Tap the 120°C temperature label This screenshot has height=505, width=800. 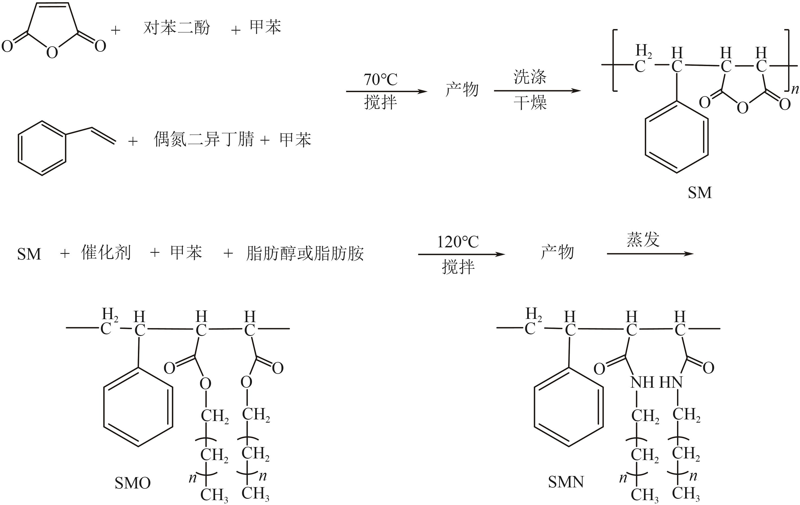pos(458,242)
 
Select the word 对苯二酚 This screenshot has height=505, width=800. pos(177,28)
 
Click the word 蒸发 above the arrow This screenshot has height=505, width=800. pos(643,239)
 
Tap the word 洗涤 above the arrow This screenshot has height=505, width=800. pos(530,77)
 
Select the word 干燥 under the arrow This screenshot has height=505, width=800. pos(530,103)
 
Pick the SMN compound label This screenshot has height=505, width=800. pos(566,482)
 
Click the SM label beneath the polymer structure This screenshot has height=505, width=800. pos(700,193)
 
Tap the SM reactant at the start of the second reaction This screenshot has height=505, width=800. pos(29,254)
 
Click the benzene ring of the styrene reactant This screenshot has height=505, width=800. pos(42,148)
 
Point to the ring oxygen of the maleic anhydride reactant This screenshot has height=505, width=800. pos(52,53)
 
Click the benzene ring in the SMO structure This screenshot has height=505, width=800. pos(138,407)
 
